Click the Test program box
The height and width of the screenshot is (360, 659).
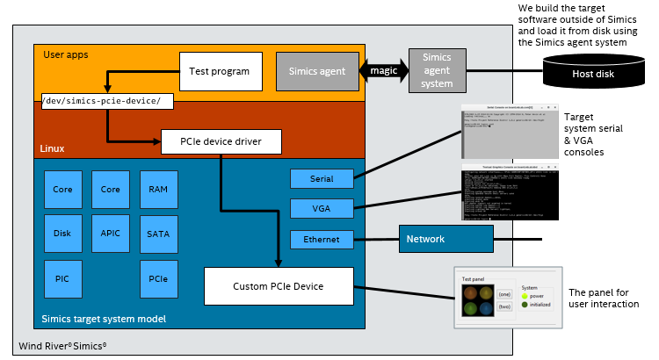pos(221,71)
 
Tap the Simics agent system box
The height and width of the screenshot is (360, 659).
pos(437,71)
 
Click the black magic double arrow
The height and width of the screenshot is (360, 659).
pos(384,70)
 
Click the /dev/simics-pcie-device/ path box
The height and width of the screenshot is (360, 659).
pos(107,101)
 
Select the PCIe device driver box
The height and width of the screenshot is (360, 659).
pos(221,140)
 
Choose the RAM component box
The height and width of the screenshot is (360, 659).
pos(158,189)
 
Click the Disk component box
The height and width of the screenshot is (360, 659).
pos(62,234)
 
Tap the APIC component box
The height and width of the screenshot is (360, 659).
pos(110,234)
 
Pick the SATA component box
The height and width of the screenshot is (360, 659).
pos(158,234)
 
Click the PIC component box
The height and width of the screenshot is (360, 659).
pos(62,278)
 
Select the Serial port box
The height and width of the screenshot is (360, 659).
pos(322,178)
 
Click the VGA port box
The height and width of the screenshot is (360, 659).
pos(322,208)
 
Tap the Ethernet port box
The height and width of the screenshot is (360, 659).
pos(322,239)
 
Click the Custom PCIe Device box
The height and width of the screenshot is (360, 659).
pos(278,286)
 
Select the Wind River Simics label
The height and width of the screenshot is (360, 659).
pos(62,345)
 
